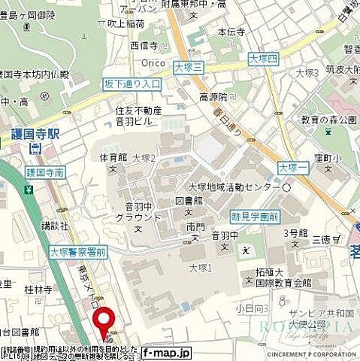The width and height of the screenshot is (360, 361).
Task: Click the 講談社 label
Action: click(x=55, y=224)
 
